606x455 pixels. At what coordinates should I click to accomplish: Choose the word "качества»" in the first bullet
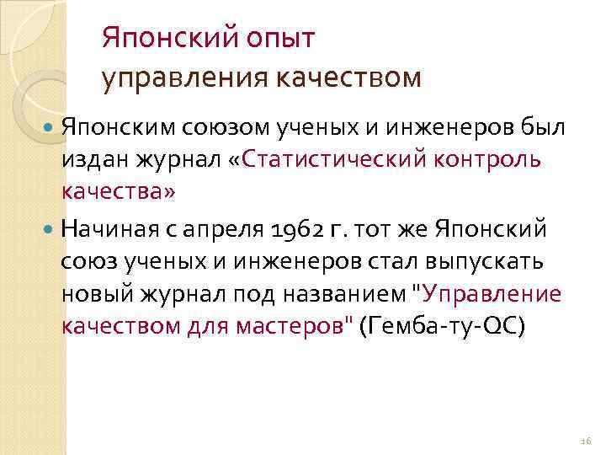pos(119,192)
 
